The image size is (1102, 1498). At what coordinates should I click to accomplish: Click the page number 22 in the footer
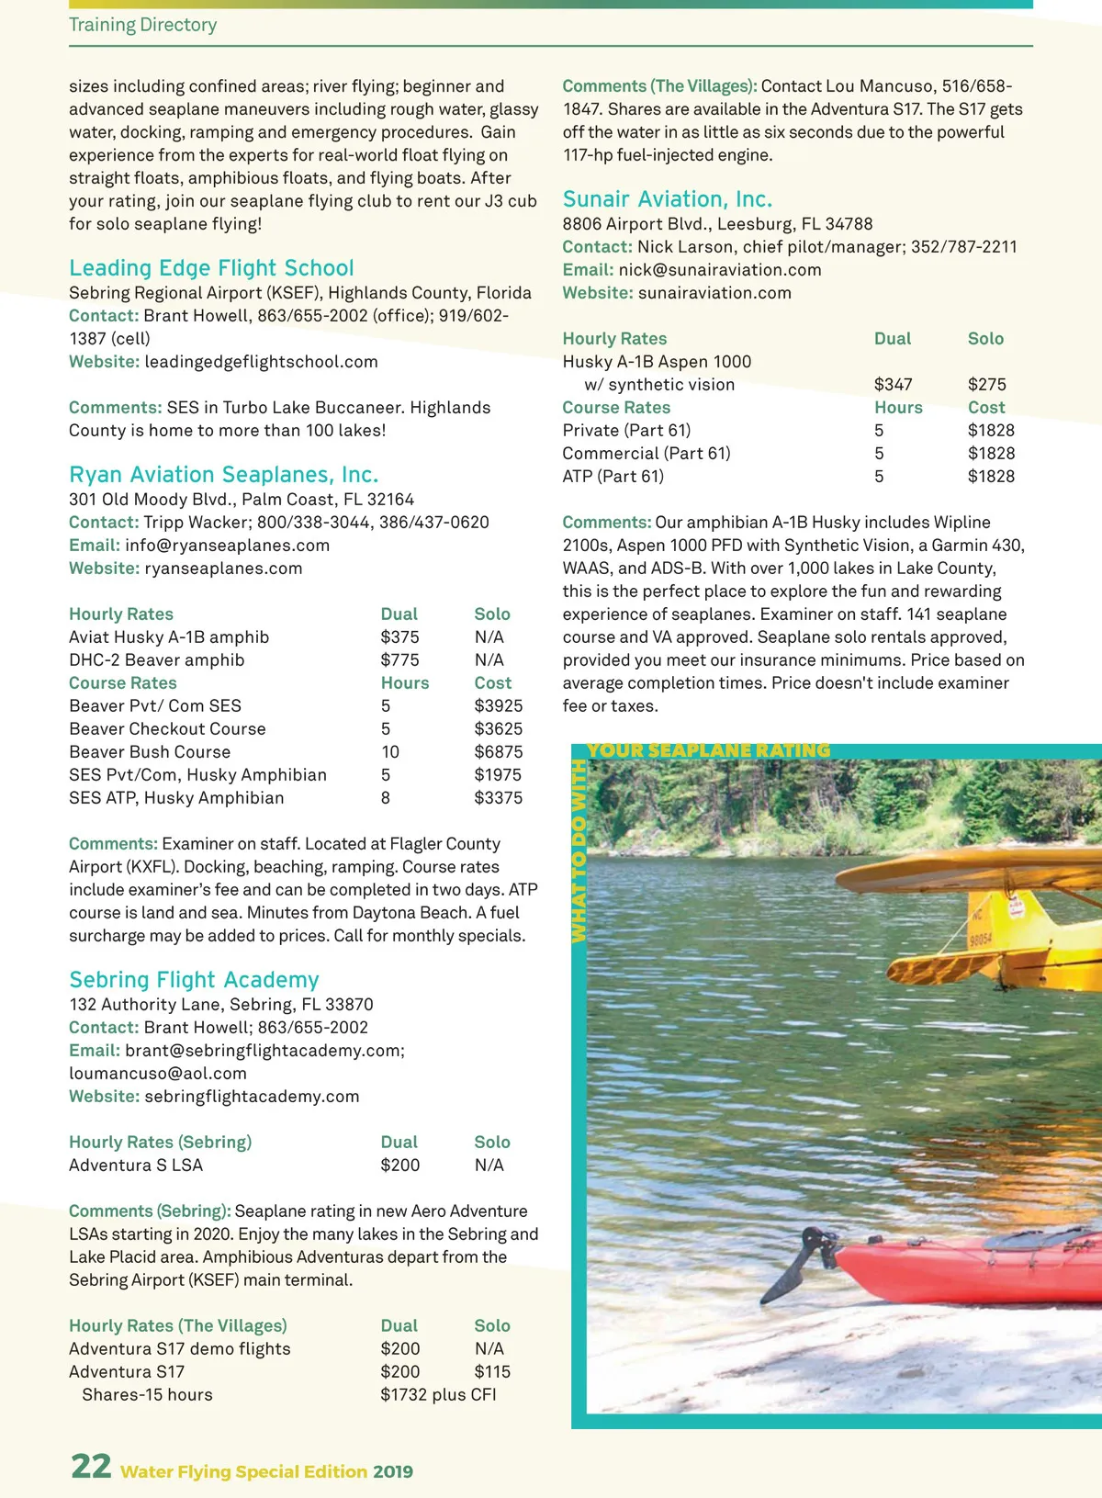91,1466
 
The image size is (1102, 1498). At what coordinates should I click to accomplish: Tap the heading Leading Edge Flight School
211,268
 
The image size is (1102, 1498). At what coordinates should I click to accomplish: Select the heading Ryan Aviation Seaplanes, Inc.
223,475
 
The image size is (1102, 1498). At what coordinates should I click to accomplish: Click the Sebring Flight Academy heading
194,980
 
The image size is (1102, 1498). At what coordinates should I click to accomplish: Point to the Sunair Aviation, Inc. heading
667,199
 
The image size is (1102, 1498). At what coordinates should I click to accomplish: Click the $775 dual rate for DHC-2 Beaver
399,660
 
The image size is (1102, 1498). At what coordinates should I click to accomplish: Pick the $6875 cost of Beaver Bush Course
498,752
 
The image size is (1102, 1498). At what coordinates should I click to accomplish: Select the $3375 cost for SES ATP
498,798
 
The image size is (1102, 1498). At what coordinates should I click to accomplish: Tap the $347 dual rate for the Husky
893,385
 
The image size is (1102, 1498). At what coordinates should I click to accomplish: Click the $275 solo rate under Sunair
986,385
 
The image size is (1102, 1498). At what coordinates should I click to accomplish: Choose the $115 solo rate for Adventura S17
492,1372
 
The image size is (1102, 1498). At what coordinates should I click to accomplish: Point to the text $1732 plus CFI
438,1395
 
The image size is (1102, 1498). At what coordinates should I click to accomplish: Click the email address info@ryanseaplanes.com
227,546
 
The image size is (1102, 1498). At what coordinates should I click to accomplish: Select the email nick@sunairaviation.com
719,270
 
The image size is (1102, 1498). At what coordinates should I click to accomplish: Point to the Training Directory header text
143,25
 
